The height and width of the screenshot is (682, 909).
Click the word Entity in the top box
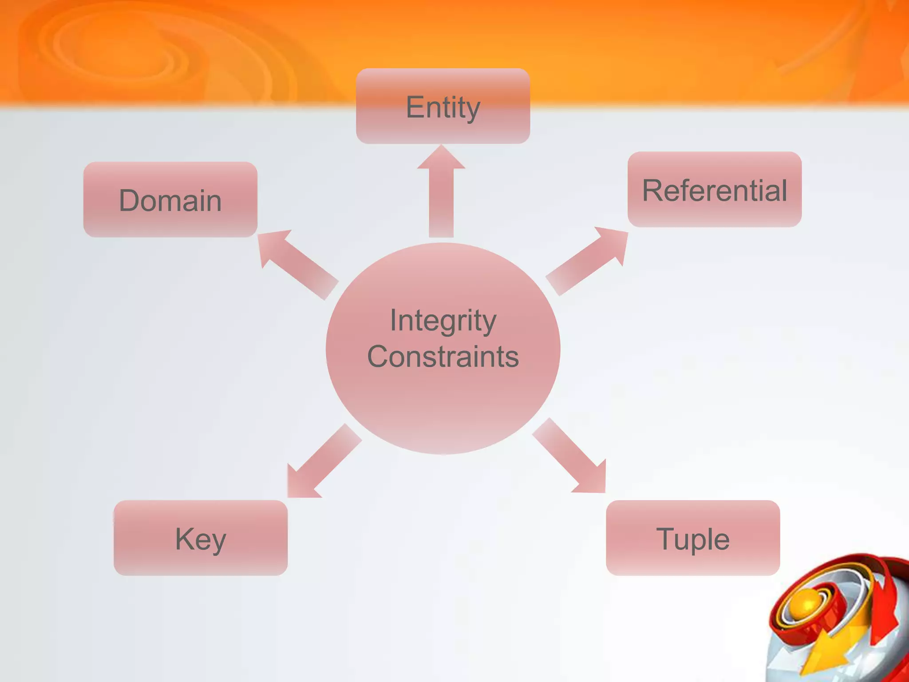coord(443,107)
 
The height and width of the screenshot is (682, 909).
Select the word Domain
coord(170,201)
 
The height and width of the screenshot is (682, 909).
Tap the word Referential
coord(714,191)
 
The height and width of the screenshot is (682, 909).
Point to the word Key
coord(201,539)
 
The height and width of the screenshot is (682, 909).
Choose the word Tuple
coord(692,539)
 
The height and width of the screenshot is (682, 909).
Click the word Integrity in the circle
coord(443,321)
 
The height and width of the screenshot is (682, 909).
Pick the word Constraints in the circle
coord(443,357)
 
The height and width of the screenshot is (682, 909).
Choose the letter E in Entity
coord(414,107)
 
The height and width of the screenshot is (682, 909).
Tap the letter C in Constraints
coord(379,357)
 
